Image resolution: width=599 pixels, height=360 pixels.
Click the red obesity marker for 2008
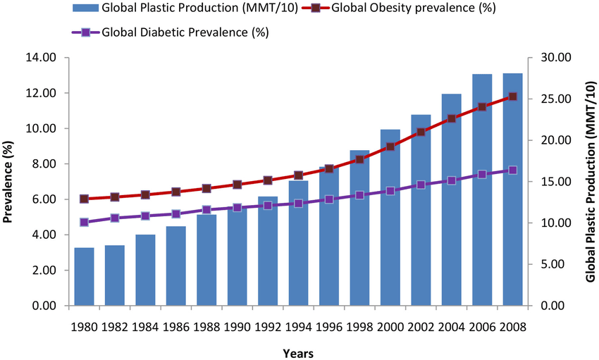[x=512, y=97]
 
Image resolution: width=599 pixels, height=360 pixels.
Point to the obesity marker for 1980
[x=84, y=199]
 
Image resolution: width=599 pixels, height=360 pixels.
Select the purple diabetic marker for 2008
[x=512, y=170]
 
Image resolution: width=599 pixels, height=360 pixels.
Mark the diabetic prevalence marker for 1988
[x=206, y=210]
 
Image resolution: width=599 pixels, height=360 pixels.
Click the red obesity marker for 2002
[x=421, y=132]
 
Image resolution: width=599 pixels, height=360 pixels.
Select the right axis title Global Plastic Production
[x=588, y=182]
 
